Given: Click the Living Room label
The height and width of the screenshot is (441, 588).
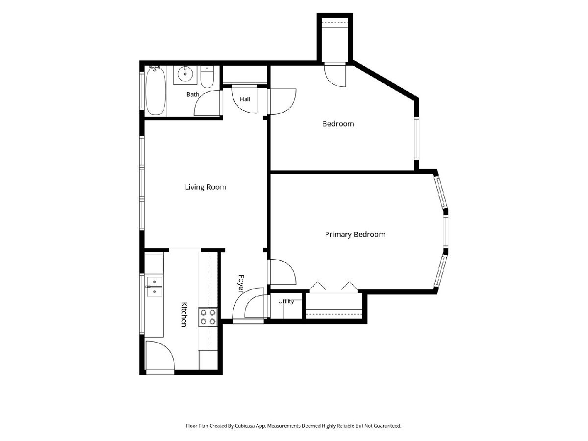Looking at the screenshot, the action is pos(205,187).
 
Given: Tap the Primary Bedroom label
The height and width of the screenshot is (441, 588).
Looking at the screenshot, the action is pos(355,235).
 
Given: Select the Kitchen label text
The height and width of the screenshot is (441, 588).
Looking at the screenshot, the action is pos(184,315).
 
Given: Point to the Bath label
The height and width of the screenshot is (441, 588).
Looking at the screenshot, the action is pos(193,94).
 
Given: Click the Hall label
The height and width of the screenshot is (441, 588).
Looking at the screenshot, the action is pos(245,99).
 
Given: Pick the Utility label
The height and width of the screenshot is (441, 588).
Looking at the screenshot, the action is pos(286,301).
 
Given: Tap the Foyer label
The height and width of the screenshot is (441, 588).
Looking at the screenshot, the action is pos(241,283).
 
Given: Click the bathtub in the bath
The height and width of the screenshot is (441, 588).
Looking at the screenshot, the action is pos(155,91).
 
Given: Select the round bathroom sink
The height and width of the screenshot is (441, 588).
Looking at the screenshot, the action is pos(185,73).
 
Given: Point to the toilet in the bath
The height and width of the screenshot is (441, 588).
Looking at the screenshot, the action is pos(207,77).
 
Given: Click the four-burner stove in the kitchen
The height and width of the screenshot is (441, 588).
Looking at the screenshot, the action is pos(208,317).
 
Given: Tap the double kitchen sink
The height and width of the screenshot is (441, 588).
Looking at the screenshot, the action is pos(154,287).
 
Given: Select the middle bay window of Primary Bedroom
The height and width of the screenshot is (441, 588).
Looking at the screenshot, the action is pos(445,232).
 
